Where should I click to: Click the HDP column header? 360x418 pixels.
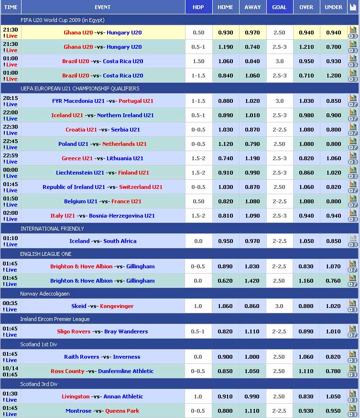[x=198, y=7]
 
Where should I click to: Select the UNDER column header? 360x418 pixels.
[x=333, y=7]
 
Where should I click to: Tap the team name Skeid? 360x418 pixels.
[x=79, y=306]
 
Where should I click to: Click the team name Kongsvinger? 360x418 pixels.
[x=117, y=306]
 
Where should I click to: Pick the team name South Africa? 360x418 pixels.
[x=120, y=241]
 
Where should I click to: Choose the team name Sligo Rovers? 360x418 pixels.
[x=74, y=331]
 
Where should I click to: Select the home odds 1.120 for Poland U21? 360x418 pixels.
[x=226, y=144]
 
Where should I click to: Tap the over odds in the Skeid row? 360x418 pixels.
[x=306, y=306]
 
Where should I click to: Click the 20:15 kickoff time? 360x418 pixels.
[x=11, y=98]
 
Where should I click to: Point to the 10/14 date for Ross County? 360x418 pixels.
[x=11, y=368]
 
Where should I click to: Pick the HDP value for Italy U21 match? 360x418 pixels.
[x=198, y=216]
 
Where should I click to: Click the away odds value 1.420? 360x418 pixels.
[x=252, y=281]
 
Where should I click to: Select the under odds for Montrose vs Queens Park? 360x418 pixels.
[x=333, y=411]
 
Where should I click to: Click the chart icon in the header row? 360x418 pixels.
[x=353, y=7]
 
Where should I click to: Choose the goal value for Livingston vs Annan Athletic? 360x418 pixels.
[x=280, y=396]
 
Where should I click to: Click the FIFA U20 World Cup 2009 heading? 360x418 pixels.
[x=62, y=20]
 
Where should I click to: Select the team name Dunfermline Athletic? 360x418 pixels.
[x=126, y=371]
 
